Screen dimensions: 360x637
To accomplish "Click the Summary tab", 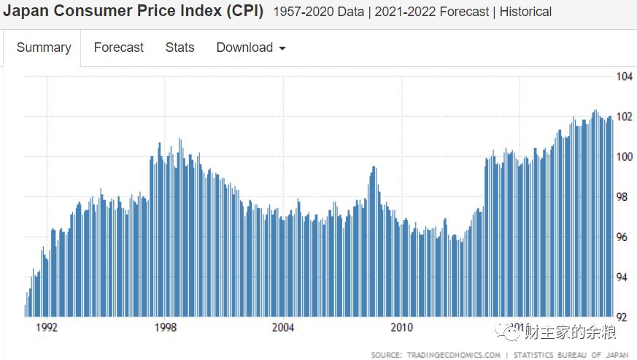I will pos(44,47).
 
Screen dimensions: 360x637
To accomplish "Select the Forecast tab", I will pos(119,47).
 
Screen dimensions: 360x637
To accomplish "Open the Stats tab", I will pos(179,47).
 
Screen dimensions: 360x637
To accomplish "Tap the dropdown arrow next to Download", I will pos(282,49).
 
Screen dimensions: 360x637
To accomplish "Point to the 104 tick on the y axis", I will pos(624,77).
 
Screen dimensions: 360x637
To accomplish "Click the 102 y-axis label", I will pos(624,117).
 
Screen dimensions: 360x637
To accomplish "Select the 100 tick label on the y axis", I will pos(624,157).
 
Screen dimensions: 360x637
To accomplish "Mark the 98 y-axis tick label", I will pos(624,197).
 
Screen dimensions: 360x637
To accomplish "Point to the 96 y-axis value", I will pos(624,237).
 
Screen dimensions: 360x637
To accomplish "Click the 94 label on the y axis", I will pos(624,277).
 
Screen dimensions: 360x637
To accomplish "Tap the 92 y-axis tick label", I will pos(624,318).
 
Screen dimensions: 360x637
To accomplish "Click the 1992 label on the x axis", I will pos(47,327).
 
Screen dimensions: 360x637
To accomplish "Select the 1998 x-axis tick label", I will pos(166,327).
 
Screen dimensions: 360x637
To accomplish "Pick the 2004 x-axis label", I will pos(283,327).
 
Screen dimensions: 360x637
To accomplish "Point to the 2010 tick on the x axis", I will pos(402,327).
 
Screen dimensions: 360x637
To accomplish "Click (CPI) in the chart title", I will pos(242,12).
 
